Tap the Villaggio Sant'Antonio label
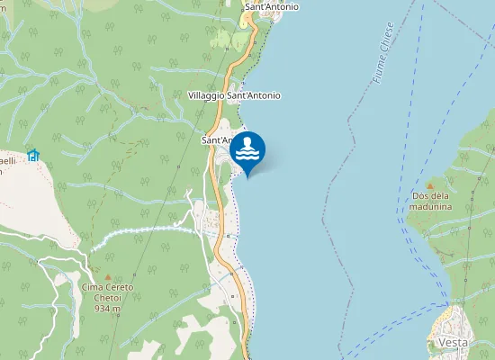point(234,95)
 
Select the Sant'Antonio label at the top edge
point(272,7)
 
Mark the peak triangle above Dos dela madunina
point(429,183)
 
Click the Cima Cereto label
point(108,287)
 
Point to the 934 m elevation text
point(107,308)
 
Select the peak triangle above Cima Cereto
point(108,275)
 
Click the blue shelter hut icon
point(33,155)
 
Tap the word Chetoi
point(107,298)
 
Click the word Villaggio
point(206,95)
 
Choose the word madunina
point(430,206)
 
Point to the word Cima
point(93,287)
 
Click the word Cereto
point(119,287)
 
